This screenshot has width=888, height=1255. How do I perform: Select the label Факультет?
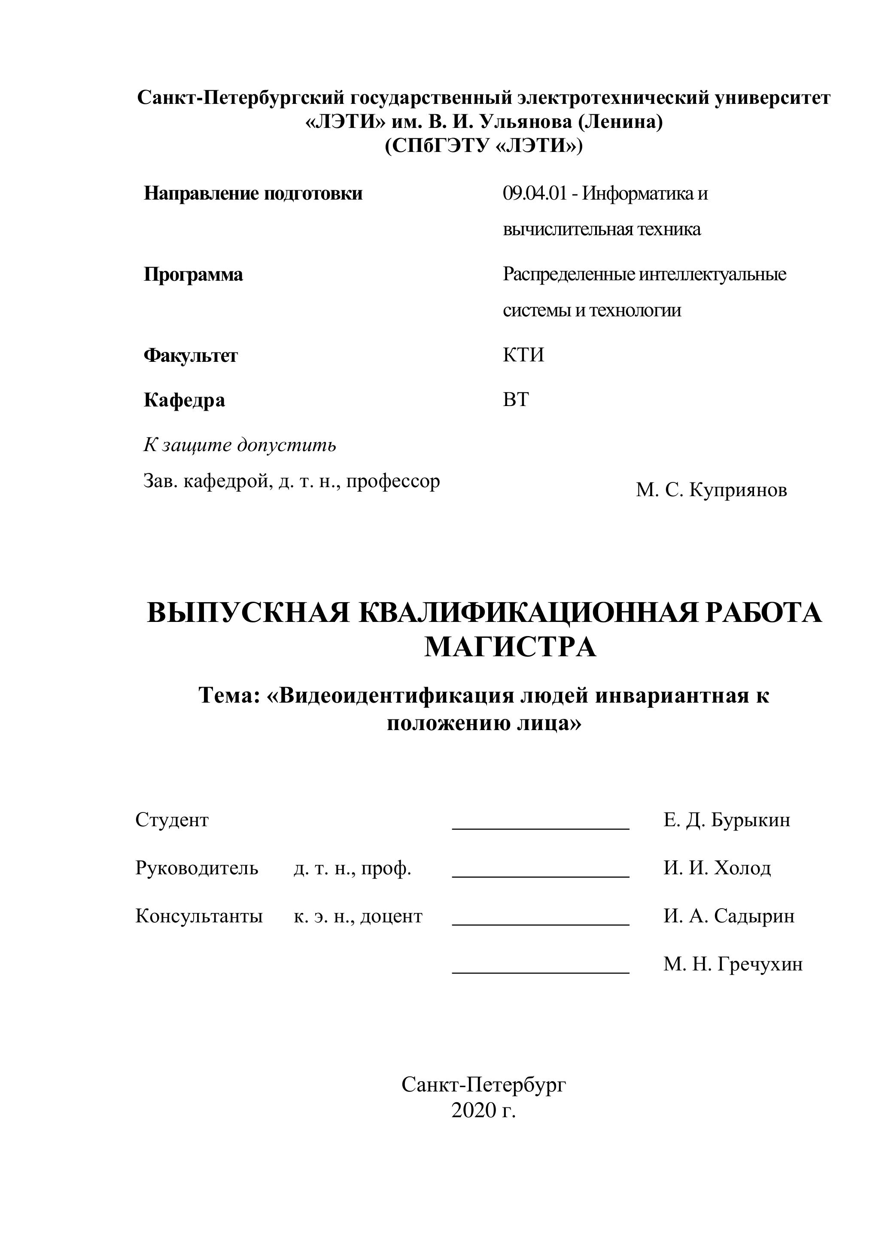pos(190,356)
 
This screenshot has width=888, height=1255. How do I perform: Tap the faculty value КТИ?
pos(523,355)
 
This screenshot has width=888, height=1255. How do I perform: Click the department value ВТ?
pos(516,400)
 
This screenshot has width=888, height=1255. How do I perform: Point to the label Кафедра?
pos(184,400)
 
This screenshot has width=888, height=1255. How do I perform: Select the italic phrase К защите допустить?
pos(240,445)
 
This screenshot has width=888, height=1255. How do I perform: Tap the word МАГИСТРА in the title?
pos(510,647)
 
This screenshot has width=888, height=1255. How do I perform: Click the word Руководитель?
pos(196,868)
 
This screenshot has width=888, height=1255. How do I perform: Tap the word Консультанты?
pos(199,916)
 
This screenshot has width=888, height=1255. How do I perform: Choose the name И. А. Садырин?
pos(729,916)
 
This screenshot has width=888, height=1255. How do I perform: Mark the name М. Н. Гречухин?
pos(733,964)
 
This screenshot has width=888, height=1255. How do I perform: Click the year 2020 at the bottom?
pos(472,1111)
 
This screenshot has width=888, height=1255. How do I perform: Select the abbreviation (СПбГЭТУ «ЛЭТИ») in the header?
pos(484,146)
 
